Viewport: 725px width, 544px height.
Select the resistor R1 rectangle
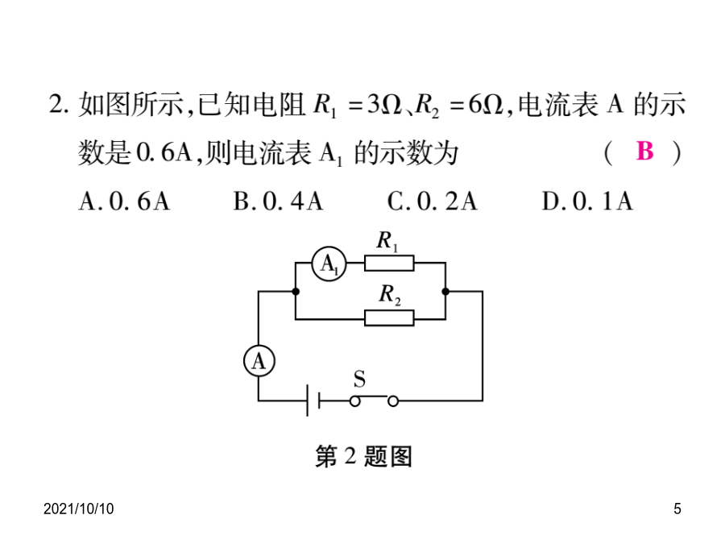coord(389,263)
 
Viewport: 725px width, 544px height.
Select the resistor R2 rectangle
coord(389,318)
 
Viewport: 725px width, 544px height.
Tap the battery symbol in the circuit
coord(313,400)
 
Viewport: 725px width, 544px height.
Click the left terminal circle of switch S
coord(354,401)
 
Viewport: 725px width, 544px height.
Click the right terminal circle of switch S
coord(393,401)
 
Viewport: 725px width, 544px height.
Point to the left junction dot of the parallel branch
coord(296,292)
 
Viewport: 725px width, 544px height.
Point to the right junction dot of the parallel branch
coord(445,292)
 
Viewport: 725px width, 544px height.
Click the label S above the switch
coord(359,380)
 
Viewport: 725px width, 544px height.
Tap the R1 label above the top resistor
coord(387,241)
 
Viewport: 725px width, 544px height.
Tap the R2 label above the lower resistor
coord(390,295)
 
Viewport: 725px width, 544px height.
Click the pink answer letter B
coord(645,151)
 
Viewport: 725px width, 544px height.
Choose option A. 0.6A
coord(124,201)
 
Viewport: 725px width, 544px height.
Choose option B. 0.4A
coord(278,201)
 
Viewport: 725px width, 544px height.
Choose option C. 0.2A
coord(432,201)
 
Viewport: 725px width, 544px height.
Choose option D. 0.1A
coord(587,201)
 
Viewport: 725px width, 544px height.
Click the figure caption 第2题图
coord(363,457)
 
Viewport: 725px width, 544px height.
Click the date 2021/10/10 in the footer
coord(79,509)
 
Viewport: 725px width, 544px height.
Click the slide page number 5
coord(677,509)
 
